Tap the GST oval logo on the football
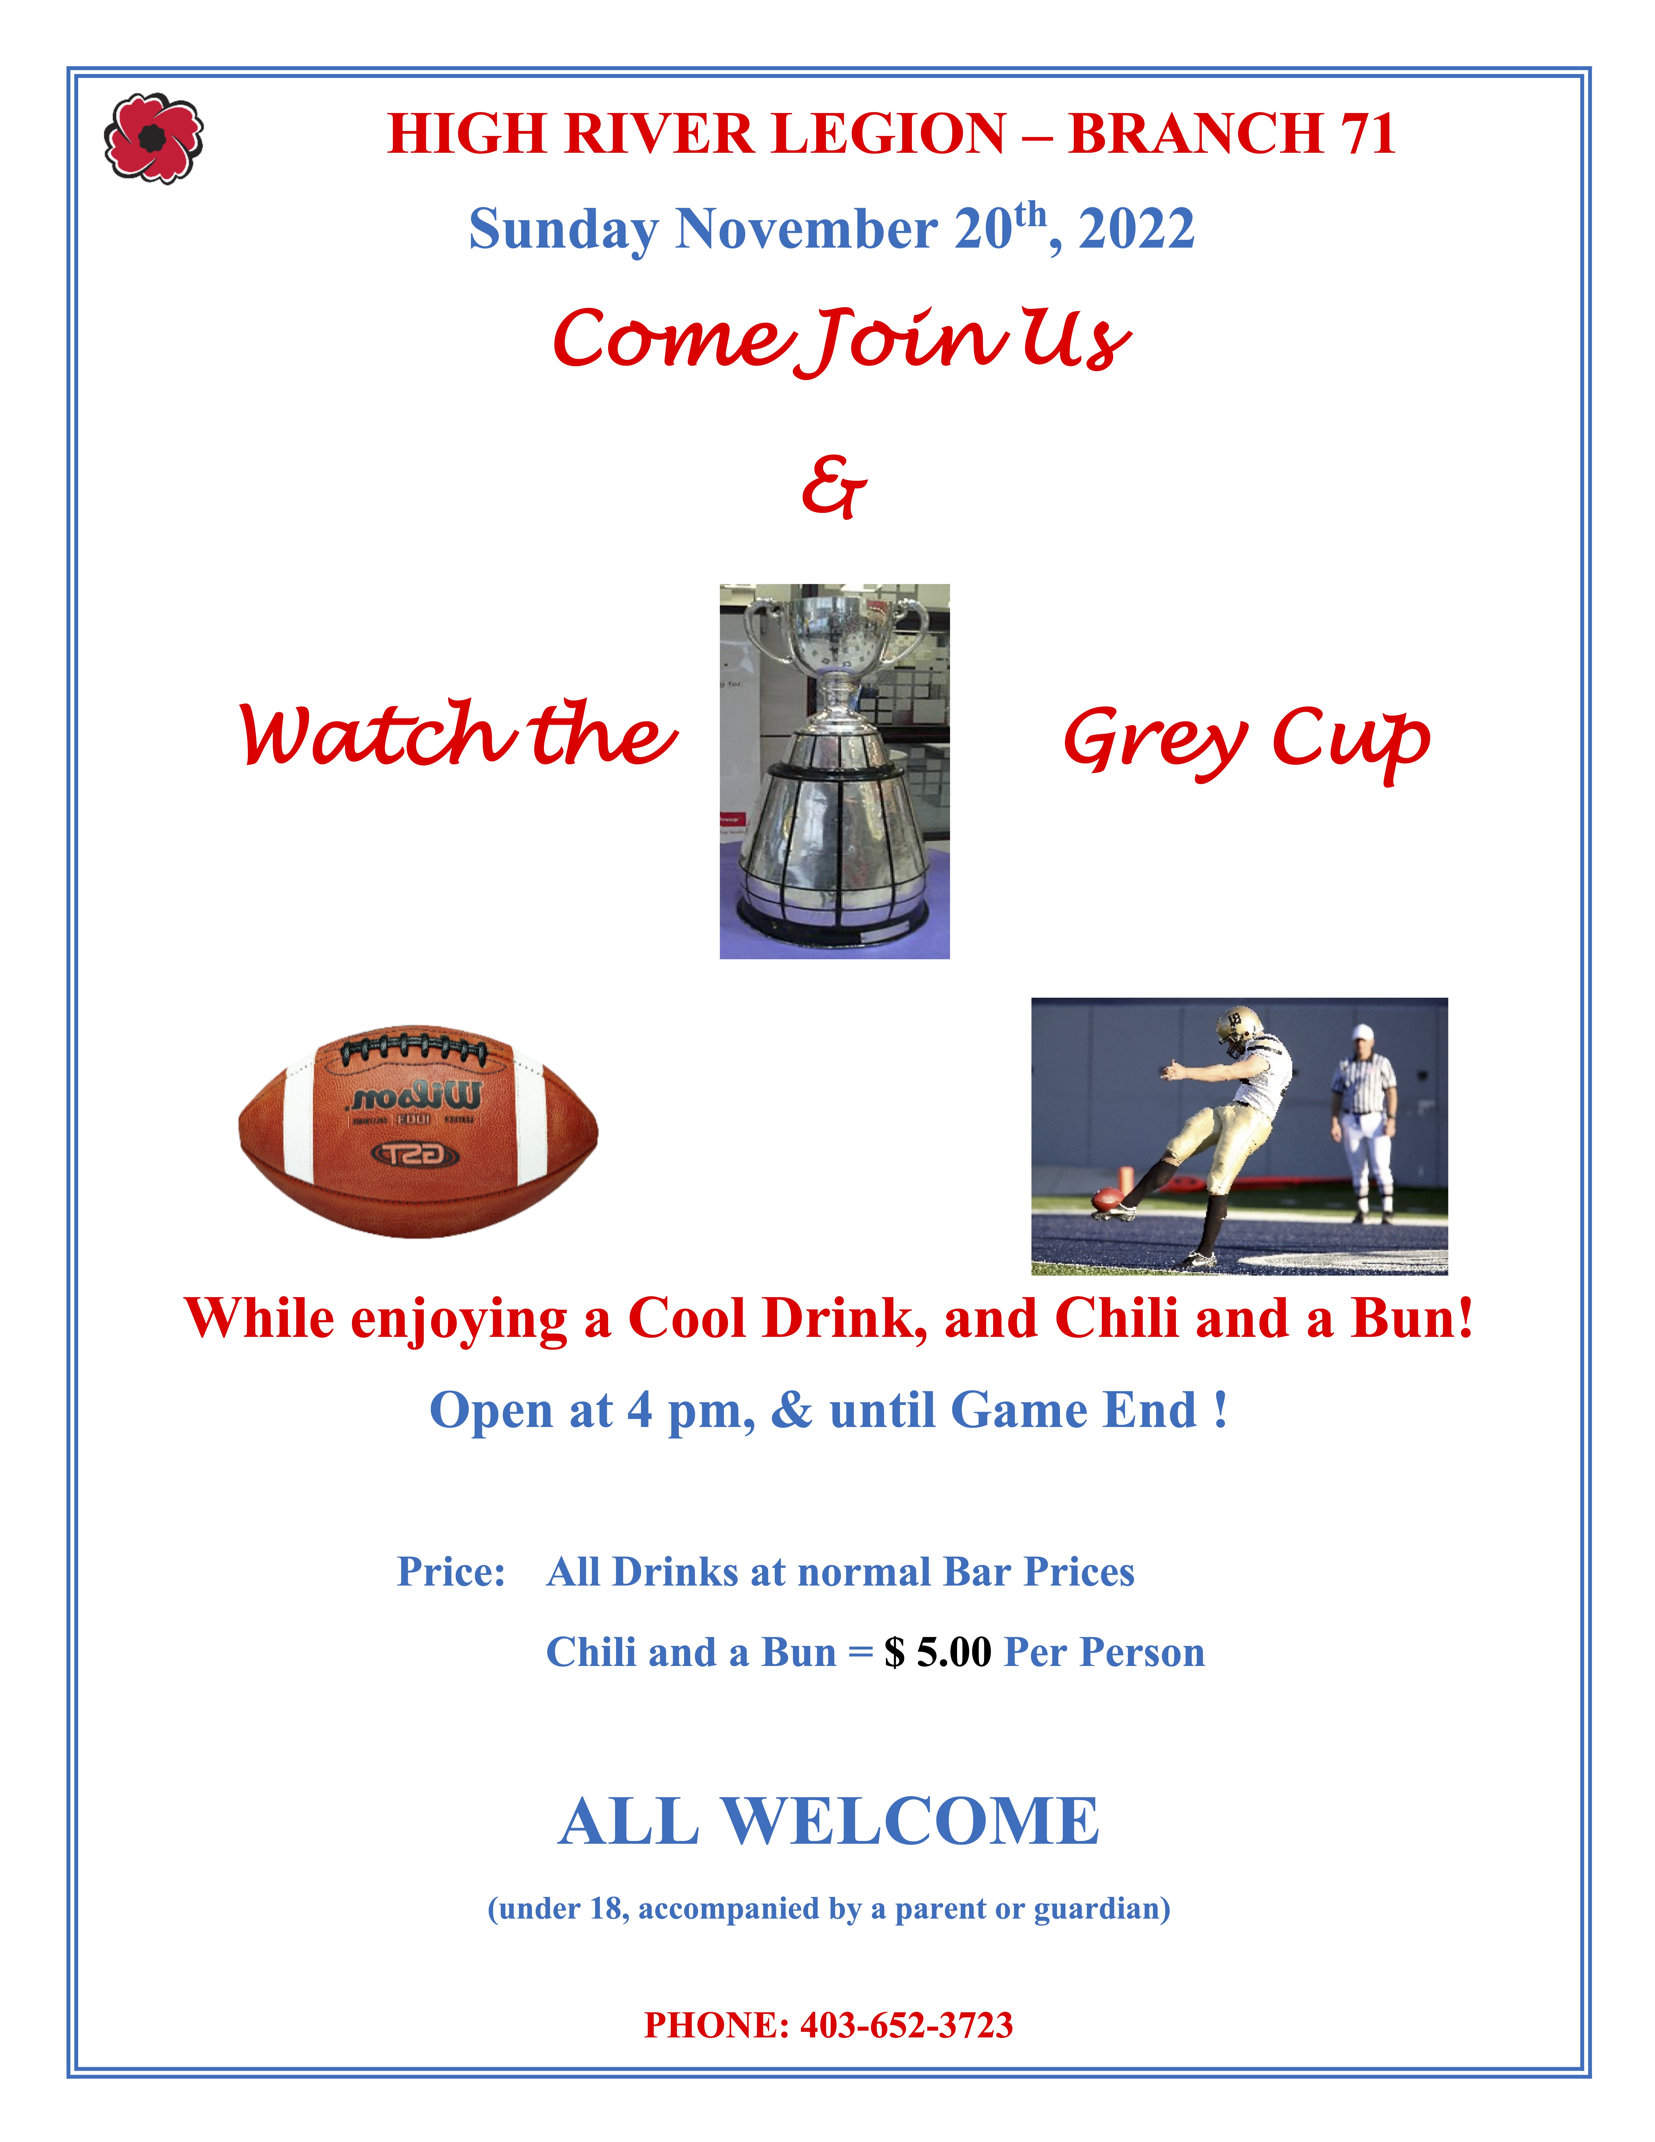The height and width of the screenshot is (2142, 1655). click(x=415, y=1155)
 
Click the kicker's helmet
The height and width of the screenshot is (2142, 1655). click(x=1238, y=1026)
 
